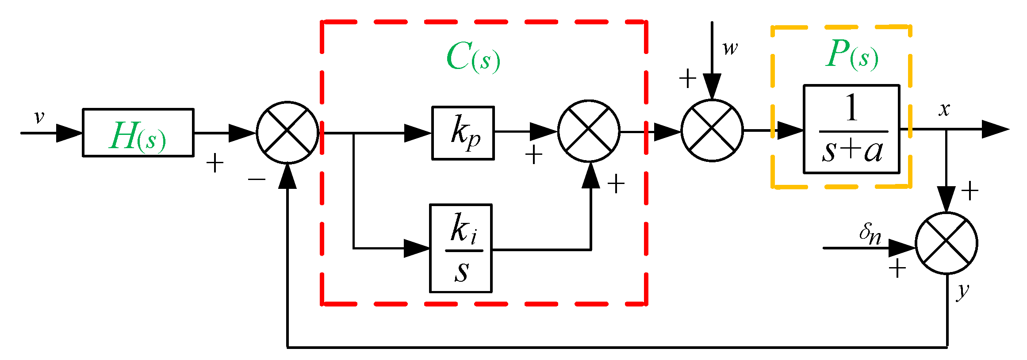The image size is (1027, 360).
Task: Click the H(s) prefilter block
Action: coord(138,133)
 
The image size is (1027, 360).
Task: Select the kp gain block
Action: coord(463,133)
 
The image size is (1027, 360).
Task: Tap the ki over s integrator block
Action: coord(460,248)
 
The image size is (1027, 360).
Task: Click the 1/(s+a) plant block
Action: coord(851,129)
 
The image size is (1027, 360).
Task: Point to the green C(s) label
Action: coord(473,57)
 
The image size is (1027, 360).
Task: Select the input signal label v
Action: coord(39,117)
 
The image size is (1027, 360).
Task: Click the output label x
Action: coord(944,109)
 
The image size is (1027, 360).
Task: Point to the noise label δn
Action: coord(870,234)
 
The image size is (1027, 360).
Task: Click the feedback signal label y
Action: coord(962,291)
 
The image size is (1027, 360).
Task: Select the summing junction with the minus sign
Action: coord(287,133)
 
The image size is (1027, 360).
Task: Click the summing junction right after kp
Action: coord(589,131)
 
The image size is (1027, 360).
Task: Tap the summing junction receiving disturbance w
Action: coord(712,130)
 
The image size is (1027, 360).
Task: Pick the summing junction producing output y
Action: coord(946,243)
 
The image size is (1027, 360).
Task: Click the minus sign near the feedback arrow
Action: coord(257,179)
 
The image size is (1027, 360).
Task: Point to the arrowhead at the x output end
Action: coord(995,129)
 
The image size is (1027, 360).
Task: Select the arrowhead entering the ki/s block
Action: coord(417,249)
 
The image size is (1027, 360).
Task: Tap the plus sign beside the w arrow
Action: coord(688,79)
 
